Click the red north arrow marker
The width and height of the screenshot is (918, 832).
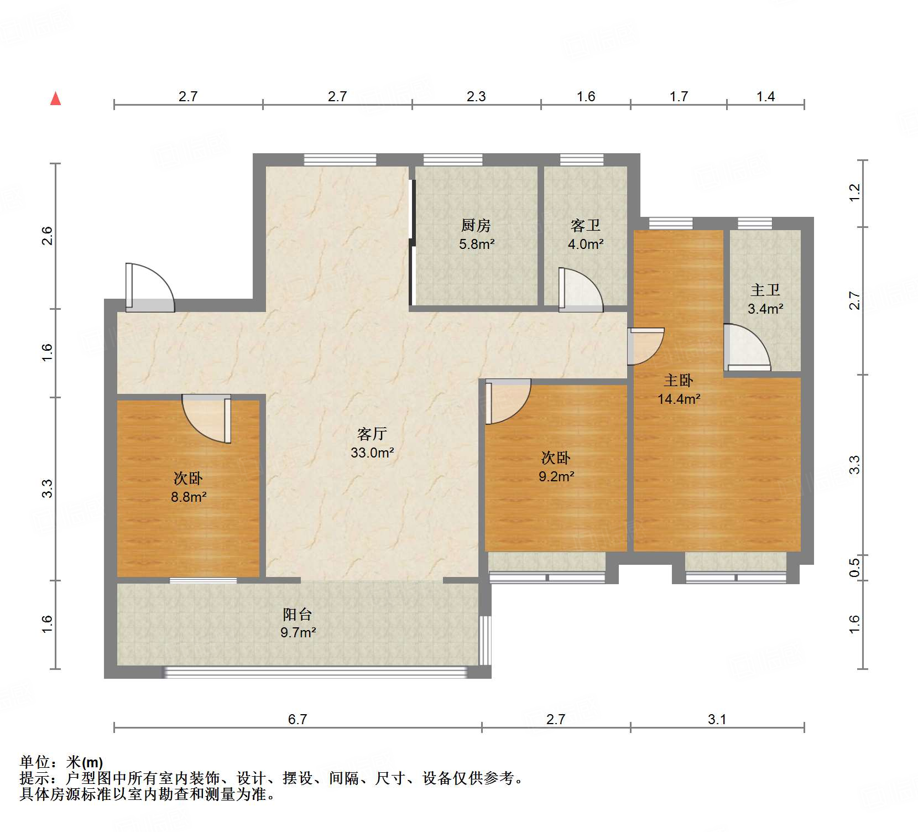point(55,98)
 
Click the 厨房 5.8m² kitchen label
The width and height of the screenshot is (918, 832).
point(476,235)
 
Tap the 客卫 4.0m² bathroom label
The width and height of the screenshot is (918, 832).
point(585,235)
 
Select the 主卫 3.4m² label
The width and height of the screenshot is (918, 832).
point(765,299)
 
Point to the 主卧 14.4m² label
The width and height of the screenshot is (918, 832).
point(679,389)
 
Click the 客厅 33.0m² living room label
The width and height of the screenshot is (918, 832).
point(372,443)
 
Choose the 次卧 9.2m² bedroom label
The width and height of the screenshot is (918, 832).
point(556,467)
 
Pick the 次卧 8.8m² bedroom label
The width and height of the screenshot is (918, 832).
point(188,487)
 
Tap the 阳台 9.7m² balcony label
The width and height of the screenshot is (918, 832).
point(298,623)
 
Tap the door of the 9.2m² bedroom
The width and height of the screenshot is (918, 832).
point(506,401)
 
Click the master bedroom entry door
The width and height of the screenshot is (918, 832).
point(645,346)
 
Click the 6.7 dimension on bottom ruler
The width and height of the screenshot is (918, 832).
point(298,719)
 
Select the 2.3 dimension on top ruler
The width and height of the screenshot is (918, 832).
point(476,97)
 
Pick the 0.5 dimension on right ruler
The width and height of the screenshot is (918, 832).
point(854,568)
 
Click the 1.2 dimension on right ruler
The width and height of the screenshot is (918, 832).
point(854,193)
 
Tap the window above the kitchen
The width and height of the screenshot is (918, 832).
point(453,160)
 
